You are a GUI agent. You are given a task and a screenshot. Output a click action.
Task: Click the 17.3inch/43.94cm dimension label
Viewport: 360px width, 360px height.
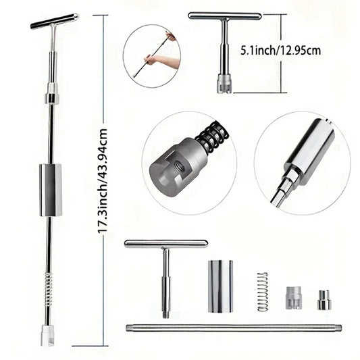click(103, 180)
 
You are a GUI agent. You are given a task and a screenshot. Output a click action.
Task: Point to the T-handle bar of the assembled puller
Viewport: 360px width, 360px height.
click(54, 20)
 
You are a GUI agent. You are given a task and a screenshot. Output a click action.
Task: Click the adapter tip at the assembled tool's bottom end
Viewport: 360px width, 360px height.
click(47, 336)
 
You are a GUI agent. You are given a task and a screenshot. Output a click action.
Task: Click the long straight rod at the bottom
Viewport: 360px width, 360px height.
click(233, 328)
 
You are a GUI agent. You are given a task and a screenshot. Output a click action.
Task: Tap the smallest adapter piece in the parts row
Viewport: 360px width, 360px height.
click(324, 299)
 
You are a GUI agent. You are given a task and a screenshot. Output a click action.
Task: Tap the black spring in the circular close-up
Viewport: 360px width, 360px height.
click(211, 137)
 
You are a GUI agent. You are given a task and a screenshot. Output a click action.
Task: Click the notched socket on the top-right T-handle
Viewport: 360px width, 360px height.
click(224, 84)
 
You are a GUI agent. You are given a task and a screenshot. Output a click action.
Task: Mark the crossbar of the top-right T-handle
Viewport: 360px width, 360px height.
click(224, 16)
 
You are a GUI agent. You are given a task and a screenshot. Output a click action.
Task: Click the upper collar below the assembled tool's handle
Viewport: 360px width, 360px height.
click(52, 98)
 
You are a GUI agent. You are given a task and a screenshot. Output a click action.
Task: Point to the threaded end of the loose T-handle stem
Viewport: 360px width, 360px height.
click(165, 312)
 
